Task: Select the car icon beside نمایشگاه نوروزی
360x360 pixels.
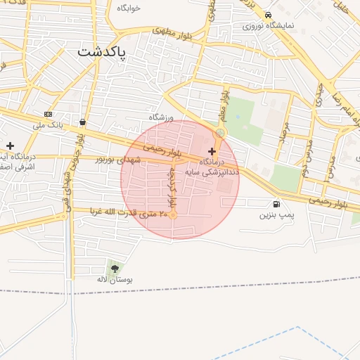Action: point(268,15)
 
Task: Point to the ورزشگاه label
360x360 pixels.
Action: point(161,117)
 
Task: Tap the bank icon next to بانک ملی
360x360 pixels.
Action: point(48,114)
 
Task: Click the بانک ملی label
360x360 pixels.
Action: point(48,125)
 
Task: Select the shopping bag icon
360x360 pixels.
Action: point(83,122)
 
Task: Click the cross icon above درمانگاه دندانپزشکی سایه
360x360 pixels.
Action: point(212,151)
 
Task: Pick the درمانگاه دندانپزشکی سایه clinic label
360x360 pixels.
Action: point(212,167)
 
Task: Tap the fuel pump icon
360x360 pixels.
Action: point(275,205)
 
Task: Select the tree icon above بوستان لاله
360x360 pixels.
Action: point(115,268)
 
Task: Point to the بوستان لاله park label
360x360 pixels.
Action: point(115,279)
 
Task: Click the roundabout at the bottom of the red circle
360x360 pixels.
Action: point(173,215)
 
